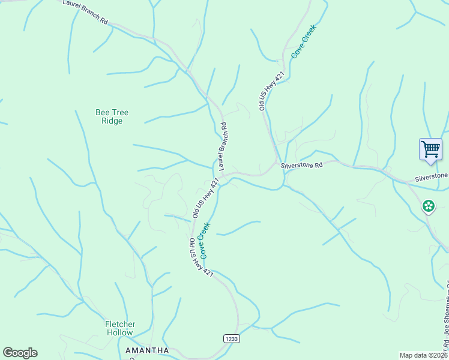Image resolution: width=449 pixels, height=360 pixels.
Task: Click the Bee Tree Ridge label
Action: click(x=112, y=116)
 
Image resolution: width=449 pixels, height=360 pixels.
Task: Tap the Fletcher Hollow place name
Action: click(x=121, y=328)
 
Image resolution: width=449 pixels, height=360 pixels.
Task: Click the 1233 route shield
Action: click(x=232, y=339)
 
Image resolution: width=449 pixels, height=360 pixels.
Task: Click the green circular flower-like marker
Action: click(x=429, y=207)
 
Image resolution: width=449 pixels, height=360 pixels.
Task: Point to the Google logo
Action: click(x=20, y=353)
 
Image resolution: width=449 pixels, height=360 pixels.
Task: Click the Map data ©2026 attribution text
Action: click(x=424, y=355)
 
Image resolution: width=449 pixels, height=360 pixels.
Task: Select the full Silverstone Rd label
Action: click(x=302, y=164)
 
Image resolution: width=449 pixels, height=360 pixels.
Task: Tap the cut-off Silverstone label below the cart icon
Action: click(x=432, y=176)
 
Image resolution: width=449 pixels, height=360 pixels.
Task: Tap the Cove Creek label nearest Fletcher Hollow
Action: click(x=205, y=241)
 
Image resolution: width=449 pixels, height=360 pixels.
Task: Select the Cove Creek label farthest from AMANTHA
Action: click(x=303, y=41)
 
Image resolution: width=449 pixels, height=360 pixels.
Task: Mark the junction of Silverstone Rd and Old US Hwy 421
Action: click(x=277, y=164)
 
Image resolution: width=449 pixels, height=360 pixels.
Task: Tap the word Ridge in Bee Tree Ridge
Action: click(x=112, y=121)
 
